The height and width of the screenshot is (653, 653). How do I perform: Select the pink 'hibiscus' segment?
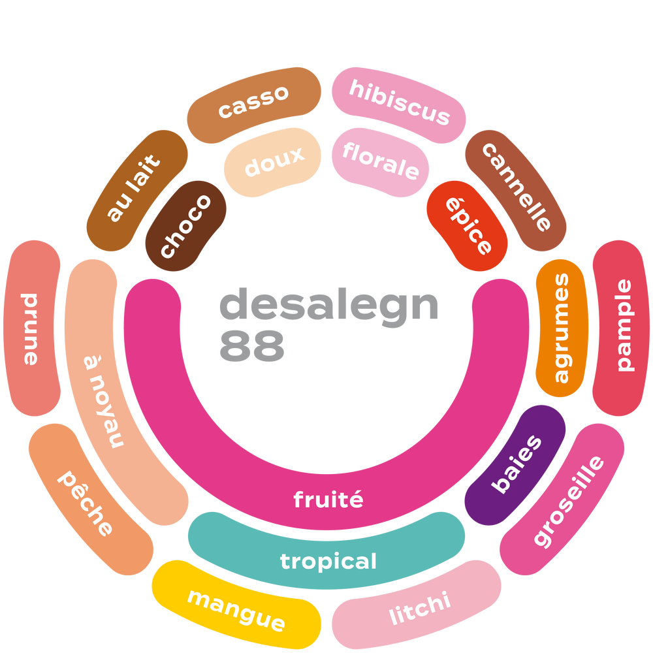pyautogui.click(x=400, y=102)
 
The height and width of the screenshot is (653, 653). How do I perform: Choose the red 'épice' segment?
pyautogui.click(x=468, y=226)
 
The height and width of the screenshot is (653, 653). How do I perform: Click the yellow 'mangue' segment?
pyautogui.click(x=236, y=607)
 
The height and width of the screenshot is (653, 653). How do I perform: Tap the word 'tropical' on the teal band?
pyautogui.click(x=328, y=561)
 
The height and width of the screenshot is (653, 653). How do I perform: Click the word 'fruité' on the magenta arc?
pyautogui.click(x=328, y=500)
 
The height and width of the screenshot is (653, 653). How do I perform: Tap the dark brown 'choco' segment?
pyautogui.click(x=186, y=226)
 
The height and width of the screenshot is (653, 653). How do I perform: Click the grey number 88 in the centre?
pyautogui.click(x=251, y=346)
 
